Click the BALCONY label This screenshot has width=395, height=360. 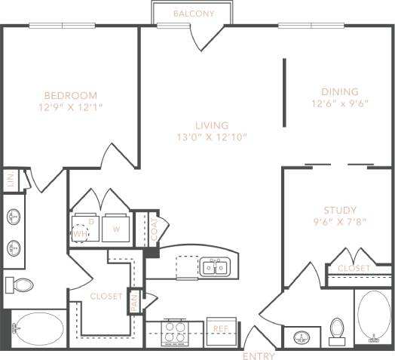click(x=194, y=14)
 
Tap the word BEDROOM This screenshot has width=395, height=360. click(x=70, y=95)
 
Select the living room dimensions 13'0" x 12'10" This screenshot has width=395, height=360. click(x=210, y=137)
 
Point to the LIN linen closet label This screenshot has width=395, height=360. click(x=10, y=180)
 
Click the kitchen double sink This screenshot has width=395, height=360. click(x=216, y=266)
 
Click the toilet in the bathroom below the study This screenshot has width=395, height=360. click(x=337, y=330)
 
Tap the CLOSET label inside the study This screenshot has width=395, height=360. click(x=354, y=269)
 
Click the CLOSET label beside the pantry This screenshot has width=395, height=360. click(x=106, y=297)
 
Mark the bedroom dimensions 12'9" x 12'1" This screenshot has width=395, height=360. click(x=70, y=107)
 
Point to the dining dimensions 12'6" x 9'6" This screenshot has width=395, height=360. click(x=340, y=104)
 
